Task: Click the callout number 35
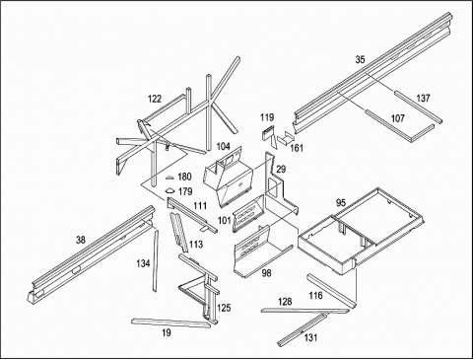360,59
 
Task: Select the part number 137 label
423,98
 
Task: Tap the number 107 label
397,118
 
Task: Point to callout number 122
155,99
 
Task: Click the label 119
267,117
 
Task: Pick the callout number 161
297,148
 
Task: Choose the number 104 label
223,146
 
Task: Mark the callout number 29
281,170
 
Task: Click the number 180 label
184,177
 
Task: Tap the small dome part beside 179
169,190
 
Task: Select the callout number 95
341,203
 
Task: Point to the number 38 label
81,240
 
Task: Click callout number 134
143,263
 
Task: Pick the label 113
196,245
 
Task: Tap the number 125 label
224,308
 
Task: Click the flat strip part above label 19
170,323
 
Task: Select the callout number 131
310,337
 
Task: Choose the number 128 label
285,302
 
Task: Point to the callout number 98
267,273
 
